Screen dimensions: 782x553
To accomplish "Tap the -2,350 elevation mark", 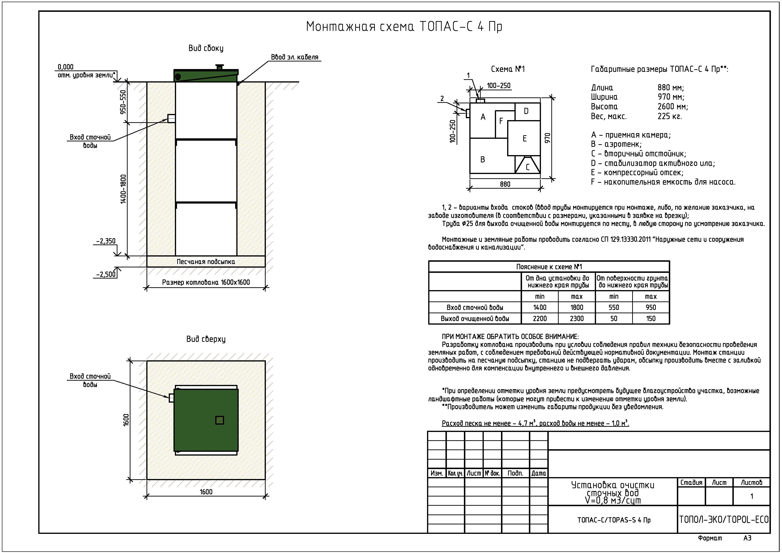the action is tap(106, 241).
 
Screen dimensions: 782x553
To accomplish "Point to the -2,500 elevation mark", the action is tap(106, 274).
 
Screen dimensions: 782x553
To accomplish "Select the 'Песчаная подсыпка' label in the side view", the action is tap(206, 262).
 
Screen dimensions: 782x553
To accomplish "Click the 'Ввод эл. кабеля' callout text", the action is tap(295, 57).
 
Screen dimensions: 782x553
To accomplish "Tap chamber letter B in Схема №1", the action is tap(483, 159).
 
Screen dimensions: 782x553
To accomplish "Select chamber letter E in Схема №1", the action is tap(524, 138).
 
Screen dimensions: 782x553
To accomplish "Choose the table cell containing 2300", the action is tap(577, 318).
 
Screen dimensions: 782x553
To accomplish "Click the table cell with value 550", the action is tap(614, 307).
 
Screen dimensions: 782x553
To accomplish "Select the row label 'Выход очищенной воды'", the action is tap(475, 318).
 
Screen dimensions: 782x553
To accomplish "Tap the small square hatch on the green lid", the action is tap(220, 420).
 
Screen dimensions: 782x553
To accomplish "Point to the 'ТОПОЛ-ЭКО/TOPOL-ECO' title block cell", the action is tap(724, 519).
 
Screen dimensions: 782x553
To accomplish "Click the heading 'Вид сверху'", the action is tap(206, 339).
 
